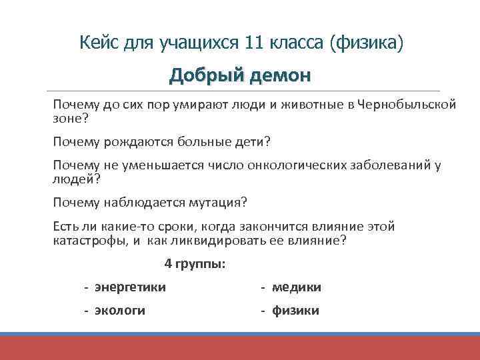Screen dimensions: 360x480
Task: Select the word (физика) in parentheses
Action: click(366, 43)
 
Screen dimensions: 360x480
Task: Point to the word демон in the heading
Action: click(280, 75)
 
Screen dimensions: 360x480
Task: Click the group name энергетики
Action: click(130, 287)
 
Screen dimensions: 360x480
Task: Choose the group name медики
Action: click(296, 287)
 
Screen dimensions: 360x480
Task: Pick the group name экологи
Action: click(120, 311)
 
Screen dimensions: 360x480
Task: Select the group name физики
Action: click(295, 311)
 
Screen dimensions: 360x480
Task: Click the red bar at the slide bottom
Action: click(240, 347)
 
